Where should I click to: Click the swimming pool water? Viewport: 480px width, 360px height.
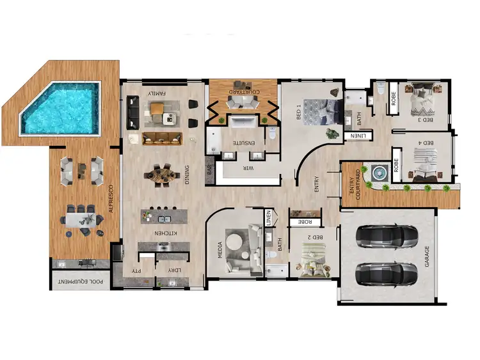61,109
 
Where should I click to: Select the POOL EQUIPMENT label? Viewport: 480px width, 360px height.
81,281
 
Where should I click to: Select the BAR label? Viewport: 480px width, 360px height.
209,171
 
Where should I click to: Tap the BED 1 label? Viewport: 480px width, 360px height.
299,114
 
